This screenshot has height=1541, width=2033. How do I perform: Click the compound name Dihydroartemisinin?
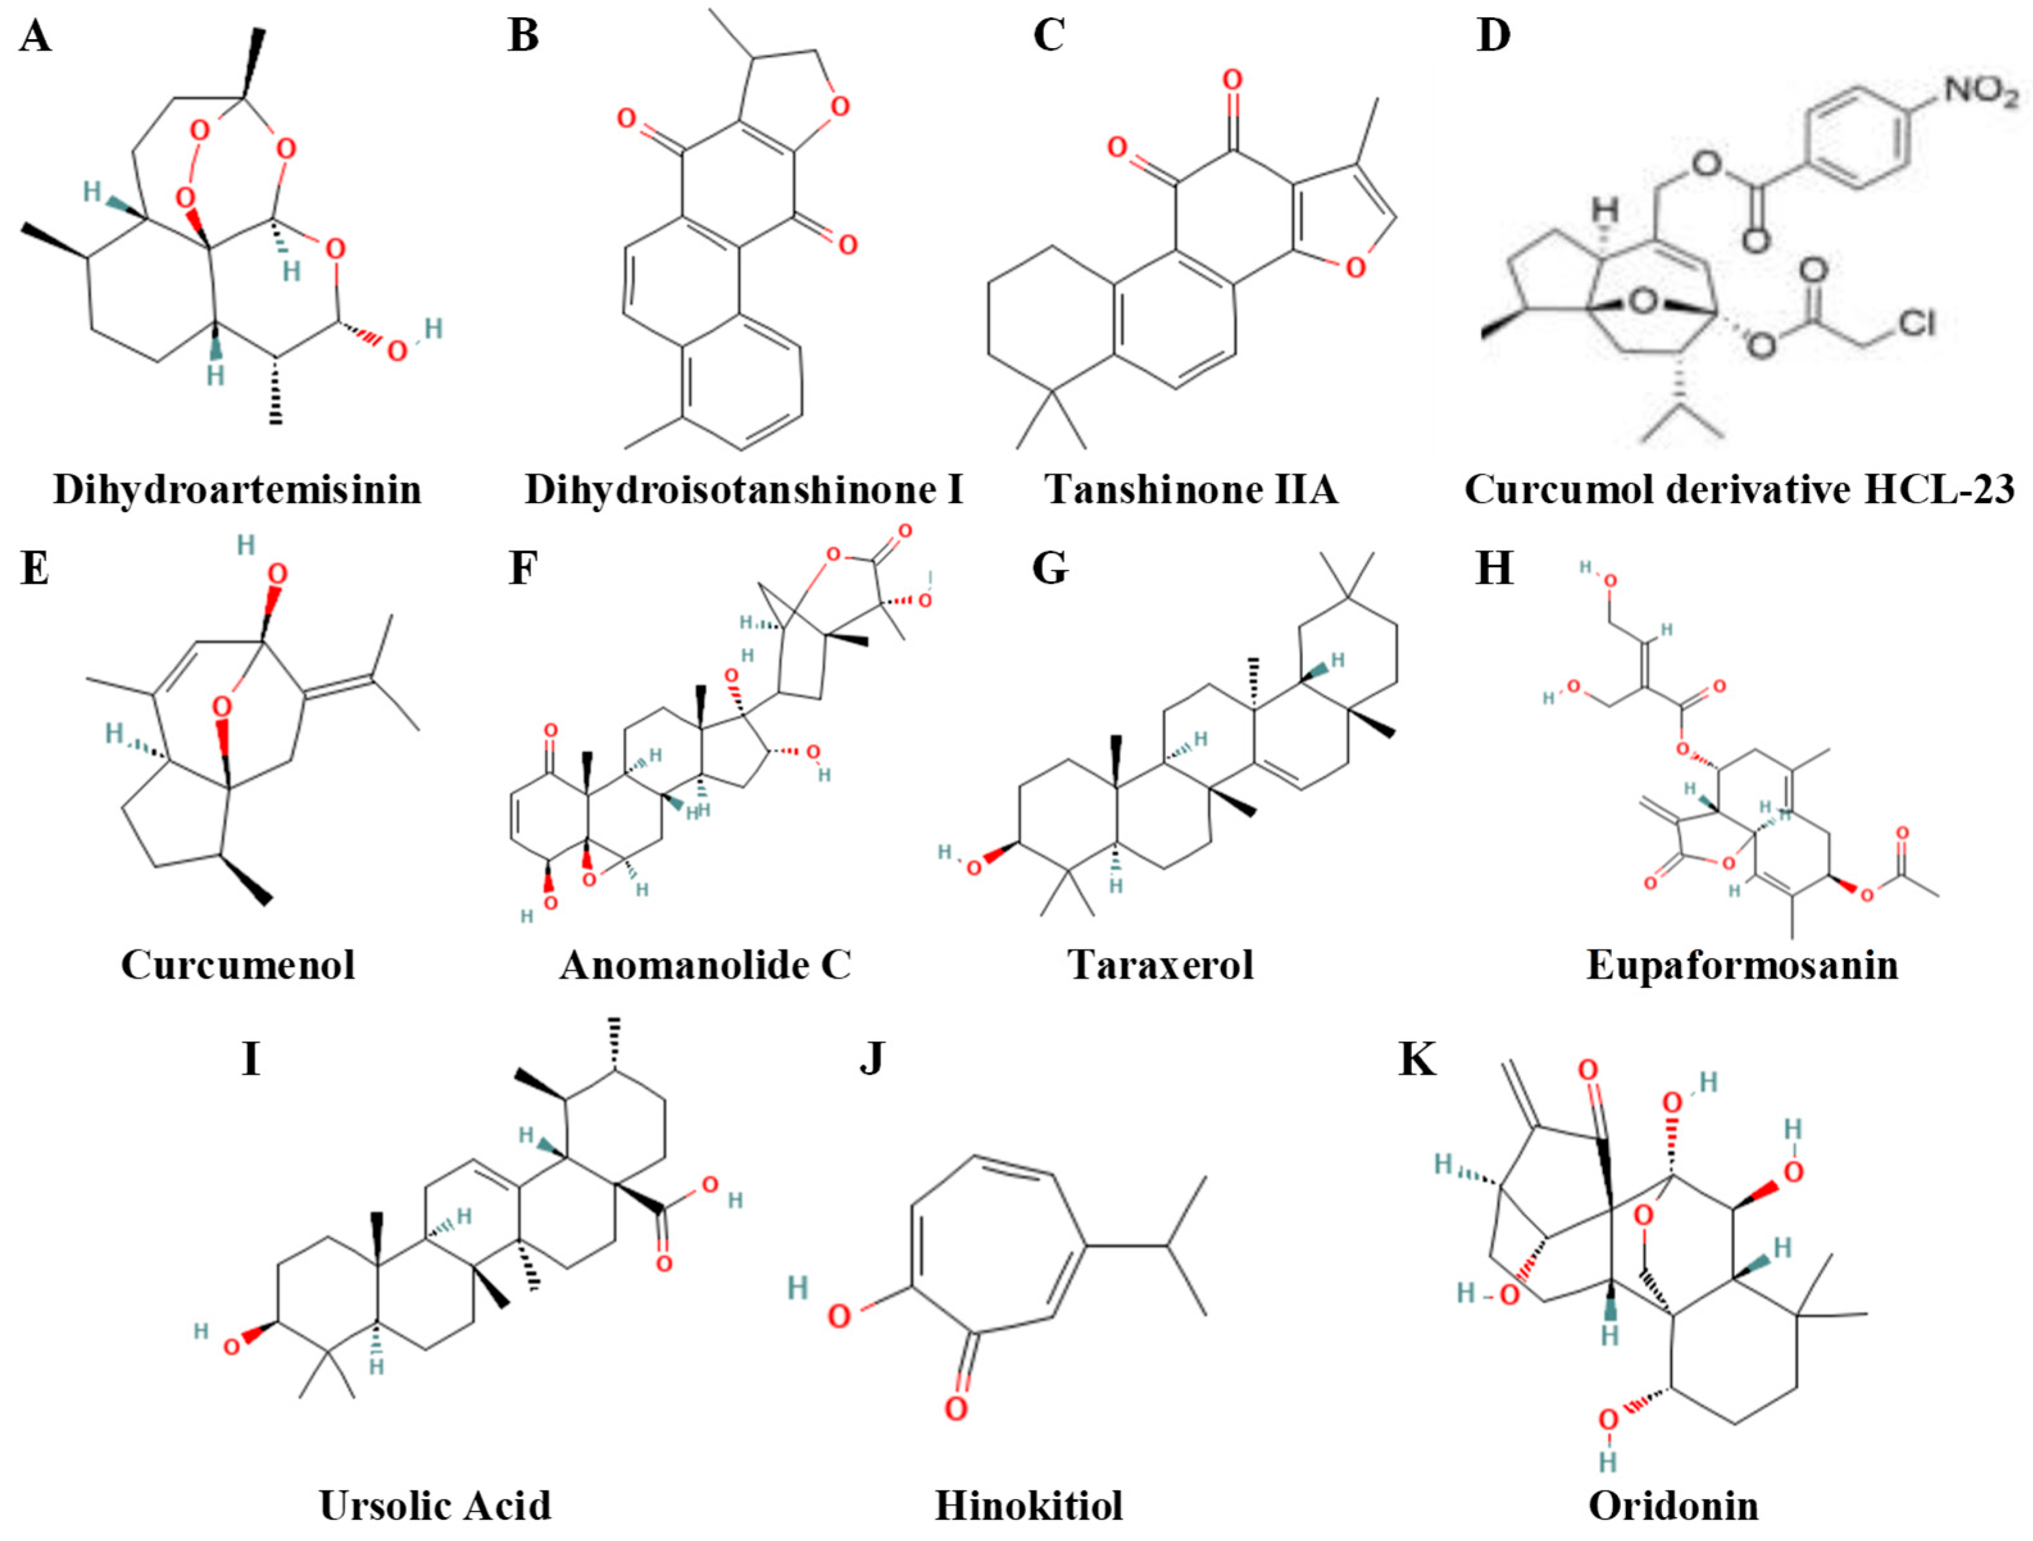pyautogui.click(x=237, y=489)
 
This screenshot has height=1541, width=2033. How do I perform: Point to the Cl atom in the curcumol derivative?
pyautogui.click(x=1916, y=322)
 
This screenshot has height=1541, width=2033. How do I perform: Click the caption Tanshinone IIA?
pyautogui.click(x=1191, y=489)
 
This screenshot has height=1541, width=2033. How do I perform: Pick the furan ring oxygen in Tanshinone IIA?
pyautogui.click(x=1355, y=267)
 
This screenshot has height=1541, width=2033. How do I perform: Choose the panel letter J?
pyautogui.click(x=871, y=1059)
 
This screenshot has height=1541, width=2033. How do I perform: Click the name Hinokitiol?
pyautogui.click(x=1029, y=1505)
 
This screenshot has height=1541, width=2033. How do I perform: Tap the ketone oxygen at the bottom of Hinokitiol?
pyautogui.click(x=956, y=1408)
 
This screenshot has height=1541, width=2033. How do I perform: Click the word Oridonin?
pyautogui.click(x=1673, y=1505)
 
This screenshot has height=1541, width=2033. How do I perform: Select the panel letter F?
pyautogui.click(x=522, y=568)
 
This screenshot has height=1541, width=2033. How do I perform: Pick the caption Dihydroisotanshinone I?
pyautogui.click(x=743, y=489)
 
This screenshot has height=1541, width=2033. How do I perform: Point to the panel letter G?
pyautogui.click(x=1050, y=568)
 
